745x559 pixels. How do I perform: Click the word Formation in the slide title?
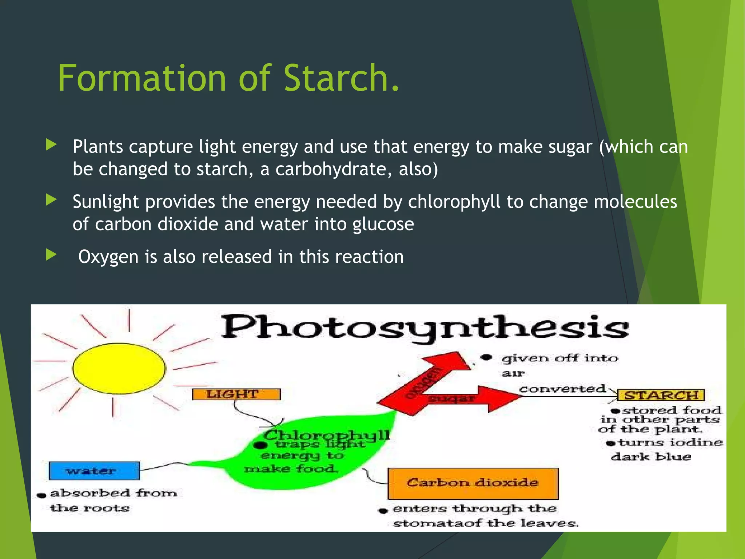(142, 78)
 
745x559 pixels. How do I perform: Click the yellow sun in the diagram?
(119, 368)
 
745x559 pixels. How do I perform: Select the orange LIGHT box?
(236, 394)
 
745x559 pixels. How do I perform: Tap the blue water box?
(94, 471)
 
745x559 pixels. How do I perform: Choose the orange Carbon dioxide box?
(473, 483)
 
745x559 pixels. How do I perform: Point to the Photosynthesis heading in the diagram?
(425, 327)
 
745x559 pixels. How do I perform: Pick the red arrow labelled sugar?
(473, 399)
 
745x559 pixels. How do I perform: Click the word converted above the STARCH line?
(562, 389)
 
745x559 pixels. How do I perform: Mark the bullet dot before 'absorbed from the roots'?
(42, 495)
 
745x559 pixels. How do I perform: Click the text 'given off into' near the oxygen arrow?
(559, 358)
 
